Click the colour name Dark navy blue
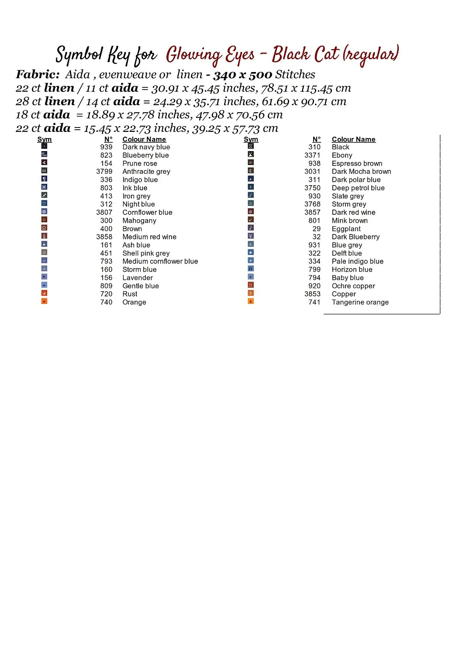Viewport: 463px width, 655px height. pyautogui.click(x=146, y=147)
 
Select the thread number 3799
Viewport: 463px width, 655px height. pyautogui.click(x=104, y=172)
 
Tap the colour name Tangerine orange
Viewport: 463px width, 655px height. pyautogui.click(x=360, y=302)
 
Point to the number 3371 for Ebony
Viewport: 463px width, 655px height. pyautogui.click(x=312, y=155)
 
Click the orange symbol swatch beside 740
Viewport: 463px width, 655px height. pyautogui.click(x=44, y=301)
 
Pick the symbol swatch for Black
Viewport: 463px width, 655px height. pyautogui.click(x=251, y=146)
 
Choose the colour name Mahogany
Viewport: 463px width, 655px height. pyautogui.click(x=139, y=221)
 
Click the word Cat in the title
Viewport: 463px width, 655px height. pyautogui.click(x=326, y=55)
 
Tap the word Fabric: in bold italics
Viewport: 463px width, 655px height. pyautogui.click(x=38, y=75)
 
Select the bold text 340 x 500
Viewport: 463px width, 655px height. pyautogui.click(x=242, y=75)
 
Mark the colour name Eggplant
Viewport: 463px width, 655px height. pyautogui.click(x=346, y=229)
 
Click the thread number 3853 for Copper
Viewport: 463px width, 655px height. pyautogui.click(x=312, y=294)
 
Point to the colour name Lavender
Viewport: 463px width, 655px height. pyautogui.click(x=138, y=278)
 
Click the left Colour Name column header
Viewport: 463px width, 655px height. pyautogui.click(x=144, y=139)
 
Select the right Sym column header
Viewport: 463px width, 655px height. pyautogui.click(x=251, y=139)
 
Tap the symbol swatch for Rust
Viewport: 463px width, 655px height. pyautogui.click(x=44, y=293)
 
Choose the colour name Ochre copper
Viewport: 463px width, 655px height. pyautogui.click(x=353, y=286)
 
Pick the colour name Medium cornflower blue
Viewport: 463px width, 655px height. pyautogui.click(x=160, y=261)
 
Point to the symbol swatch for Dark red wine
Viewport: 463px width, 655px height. pyautogui.click(x=251, y=211)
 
